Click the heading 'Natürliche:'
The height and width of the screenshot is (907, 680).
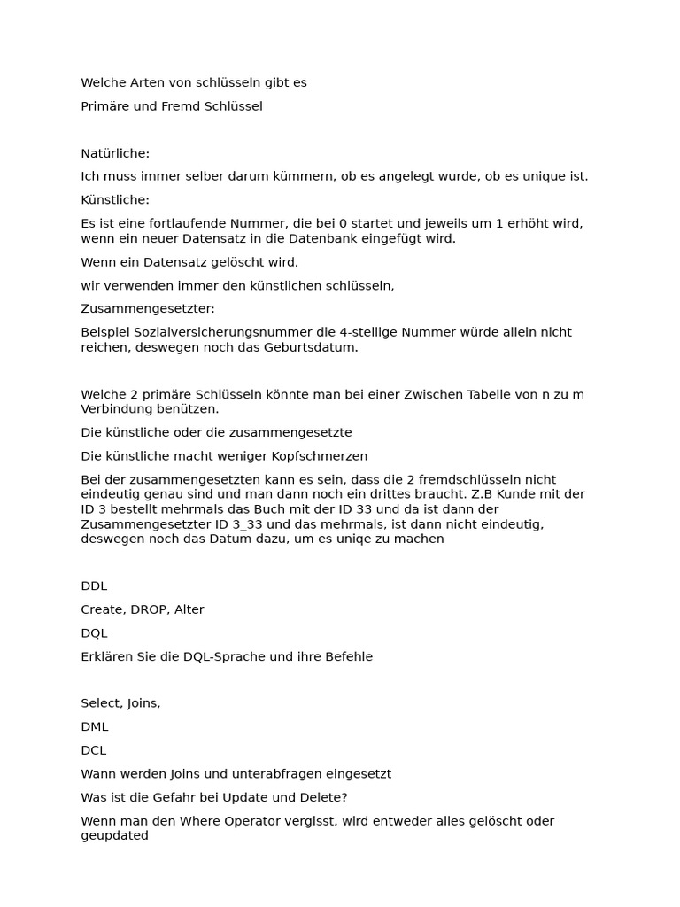coord(115,153)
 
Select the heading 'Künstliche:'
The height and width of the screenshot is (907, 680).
coord(115,200)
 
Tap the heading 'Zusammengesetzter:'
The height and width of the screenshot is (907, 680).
coord(148,309)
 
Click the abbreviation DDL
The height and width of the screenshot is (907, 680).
coord(94,586)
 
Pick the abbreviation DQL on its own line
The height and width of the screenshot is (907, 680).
coord(94,633)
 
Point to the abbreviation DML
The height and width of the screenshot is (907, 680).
coord(95,726)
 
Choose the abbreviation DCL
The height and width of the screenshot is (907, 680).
coord(94,750)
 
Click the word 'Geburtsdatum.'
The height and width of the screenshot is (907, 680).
coord(317,347)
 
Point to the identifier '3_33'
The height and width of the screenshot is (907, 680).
coord(236,523)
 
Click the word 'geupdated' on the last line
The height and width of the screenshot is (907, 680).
coord(115,835)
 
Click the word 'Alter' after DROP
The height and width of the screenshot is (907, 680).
coord(189,609)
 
